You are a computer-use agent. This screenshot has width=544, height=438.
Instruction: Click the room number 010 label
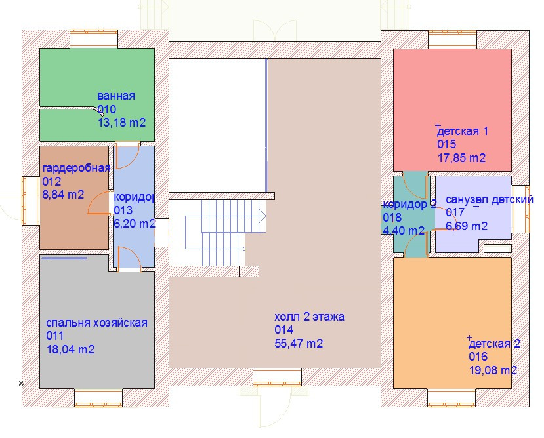point(107,109)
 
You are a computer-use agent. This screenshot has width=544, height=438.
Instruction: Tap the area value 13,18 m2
point(122,123)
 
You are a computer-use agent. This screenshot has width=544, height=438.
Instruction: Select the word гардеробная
point(76,169)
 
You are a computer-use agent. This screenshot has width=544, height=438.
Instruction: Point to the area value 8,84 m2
point(63,195)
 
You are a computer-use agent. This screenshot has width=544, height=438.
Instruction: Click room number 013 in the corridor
point(123,210)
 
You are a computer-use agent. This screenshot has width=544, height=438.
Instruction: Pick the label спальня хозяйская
point(97,323)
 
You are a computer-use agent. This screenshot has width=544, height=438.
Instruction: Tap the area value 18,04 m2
point(70,349)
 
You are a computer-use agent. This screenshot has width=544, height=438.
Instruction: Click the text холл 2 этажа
point(310,317)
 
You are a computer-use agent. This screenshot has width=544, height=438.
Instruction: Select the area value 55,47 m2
point(299,344)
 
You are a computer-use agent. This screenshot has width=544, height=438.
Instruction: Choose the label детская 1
point(463,131)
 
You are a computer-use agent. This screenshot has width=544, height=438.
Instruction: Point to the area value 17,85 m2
point(461,158)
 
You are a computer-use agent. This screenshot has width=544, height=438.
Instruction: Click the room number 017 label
point(455,212)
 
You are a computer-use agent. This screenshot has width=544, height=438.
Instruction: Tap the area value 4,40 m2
point(404,231)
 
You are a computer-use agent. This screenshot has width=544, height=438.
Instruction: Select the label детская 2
point(494,344)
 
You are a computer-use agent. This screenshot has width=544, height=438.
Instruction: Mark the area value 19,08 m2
point(493,370)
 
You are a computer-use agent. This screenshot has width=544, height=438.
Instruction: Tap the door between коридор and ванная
point(127,155)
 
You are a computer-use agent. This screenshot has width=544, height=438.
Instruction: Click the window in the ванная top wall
point(94,38)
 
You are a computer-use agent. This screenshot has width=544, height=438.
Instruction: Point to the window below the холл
point(277,376)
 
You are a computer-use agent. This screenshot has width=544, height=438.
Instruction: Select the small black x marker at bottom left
point(21,383)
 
